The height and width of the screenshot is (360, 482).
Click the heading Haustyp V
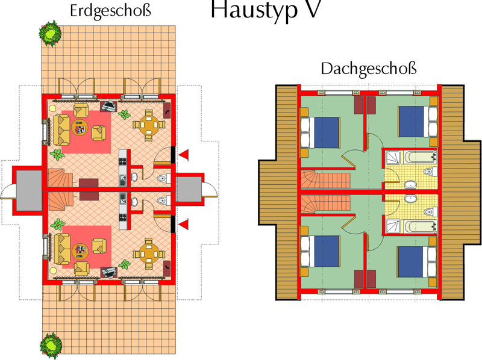click(x=266, y=10)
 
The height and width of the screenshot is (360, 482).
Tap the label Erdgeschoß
click(x=111, y=11)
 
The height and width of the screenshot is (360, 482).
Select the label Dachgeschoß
click(x=369, y=69)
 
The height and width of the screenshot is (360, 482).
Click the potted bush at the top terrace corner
click(x=50, y=33)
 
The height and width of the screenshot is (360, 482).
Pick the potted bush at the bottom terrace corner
click(x=51, y=346)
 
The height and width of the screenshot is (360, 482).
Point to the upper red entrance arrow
click(x=184, y=155)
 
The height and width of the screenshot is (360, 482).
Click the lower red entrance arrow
click(x=184, y=225)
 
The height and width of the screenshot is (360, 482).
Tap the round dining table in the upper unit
click(x=149, y=125)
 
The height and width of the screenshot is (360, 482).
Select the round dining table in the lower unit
click(x=149, y=254)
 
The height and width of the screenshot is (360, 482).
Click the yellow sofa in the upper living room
click(x=61, y=130)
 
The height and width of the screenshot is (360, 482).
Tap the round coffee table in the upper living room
click(x=80, y=128)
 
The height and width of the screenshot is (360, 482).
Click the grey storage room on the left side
click(x=29, y=190)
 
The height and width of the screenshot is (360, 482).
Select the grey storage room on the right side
click(x=189, y=189)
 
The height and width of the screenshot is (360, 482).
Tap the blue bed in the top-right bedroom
click(x=417, y=122)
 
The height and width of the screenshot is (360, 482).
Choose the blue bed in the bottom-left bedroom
click(x=321, y=251)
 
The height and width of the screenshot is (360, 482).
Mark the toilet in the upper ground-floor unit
click(x=164, y=178)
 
